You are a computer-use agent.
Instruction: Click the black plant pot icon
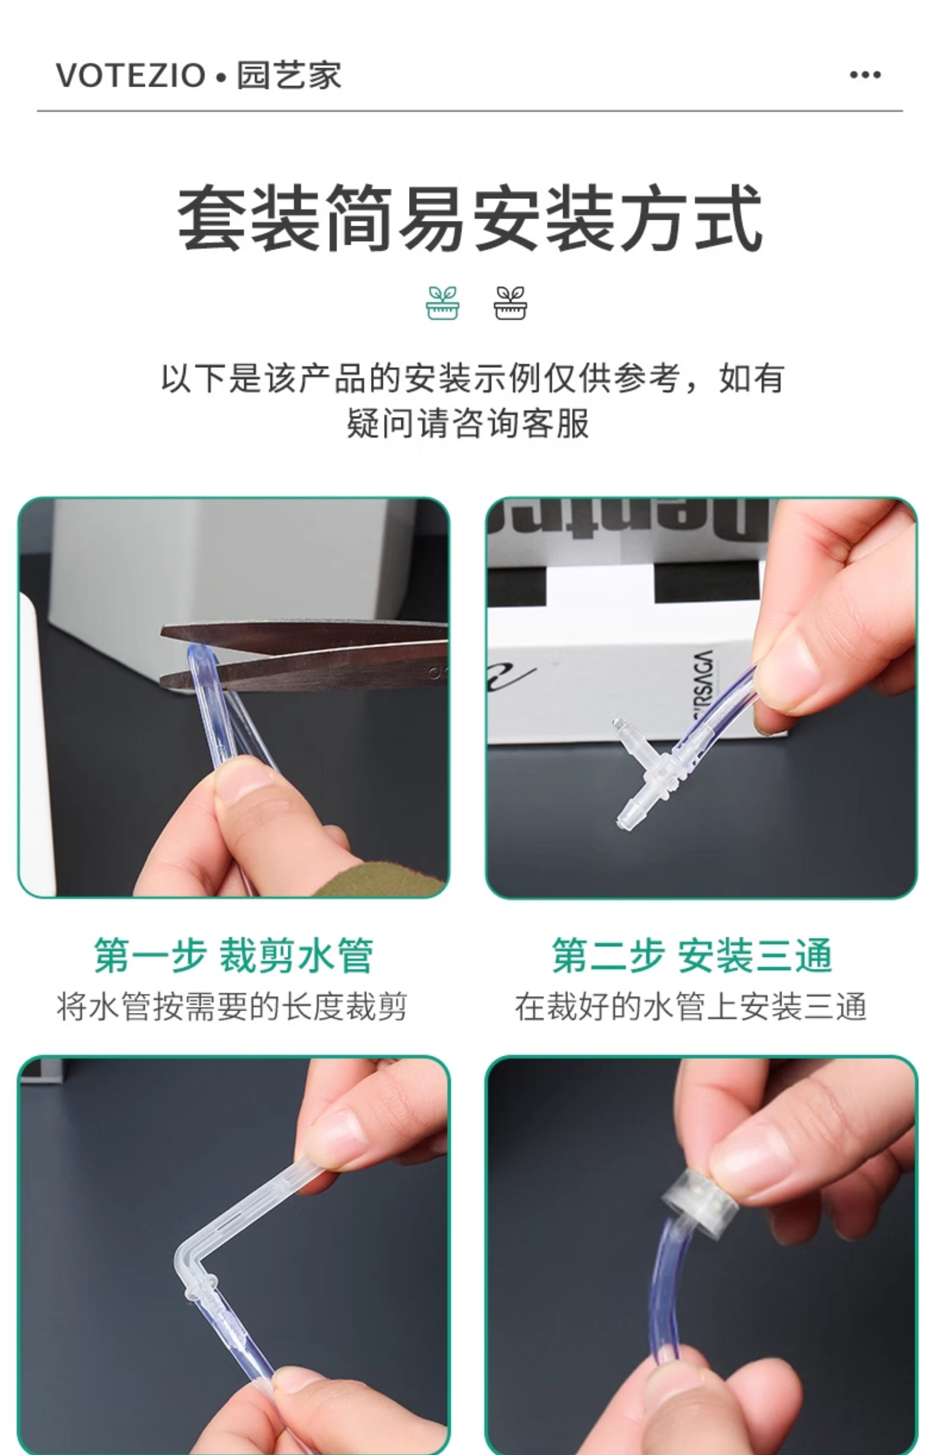[x=510, y=303]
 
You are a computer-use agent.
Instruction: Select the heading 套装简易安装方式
[x=470, y=218]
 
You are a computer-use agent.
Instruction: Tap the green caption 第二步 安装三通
[x=692, y=956]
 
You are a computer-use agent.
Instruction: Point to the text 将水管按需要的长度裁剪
[x=232, y=1007]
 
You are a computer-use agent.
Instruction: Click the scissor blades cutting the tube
[x=305, y=656]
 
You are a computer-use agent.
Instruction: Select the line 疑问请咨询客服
[x=468, y=423]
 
